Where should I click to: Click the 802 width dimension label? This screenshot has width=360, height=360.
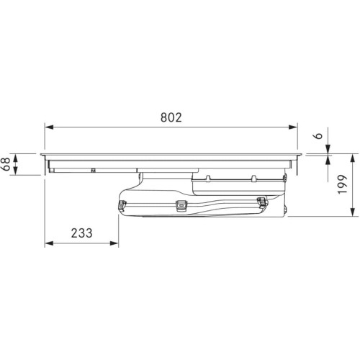(171, 117)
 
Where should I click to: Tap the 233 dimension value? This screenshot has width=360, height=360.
(81, 233)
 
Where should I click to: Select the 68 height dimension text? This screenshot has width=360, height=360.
(6, 164)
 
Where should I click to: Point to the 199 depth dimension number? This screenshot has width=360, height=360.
(343, 184)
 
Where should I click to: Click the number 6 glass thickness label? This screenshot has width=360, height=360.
(318, 135)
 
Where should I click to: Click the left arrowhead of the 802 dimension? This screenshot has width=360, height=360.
(49, 127)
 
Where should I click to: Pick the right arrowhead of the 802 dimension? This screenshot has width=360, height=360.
(293, 127)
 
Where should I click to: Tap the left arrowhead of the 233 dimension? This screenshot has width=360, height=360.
(49, 243)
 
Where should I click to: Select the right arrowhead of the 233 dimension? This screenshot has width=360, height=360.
(114, 243)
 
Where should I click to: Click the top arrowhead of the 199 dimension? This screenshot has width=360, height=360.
(352, 158)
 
